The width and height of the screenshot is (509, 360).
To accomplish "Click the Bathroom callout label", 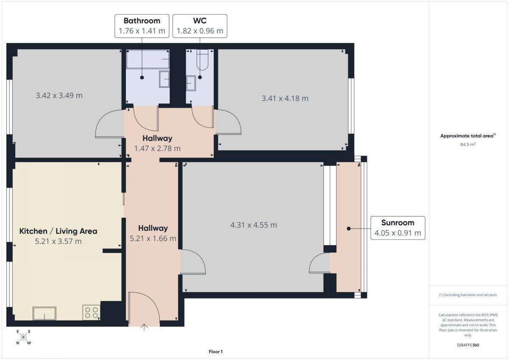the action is coord(142,26).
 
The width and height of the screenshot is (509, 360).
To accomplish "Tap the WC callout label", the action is coord(200,26).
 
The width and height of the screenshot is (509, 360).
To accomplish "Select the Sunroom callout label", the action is coord(398,228).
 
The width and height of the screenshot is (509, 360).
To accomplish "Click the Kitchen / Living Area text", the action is coord(58,231).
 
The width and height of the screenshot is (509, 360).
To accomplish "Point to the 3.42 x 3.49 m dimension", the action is coord(59,95).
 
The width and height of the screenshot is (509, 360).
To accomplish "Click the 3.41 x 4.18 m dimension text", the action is coord(285,98).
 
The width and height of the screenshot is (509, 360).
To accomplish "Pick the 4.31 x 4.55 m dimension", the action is coord(254,225).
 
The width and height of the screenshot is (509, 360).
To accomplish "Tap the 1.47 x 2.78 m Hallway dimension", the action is coord(157,148).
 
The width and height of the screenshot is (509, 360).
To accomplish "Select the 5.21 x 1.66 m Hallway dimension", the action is coord(153,238).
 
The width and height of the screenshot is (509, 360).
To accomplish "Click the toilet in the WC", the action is coord(202,60).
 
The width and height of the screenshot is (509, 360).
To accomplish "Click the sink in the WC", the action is coord(191,83).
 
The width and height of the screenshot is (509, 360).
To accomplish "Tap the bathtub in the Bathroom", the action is coord(148,59).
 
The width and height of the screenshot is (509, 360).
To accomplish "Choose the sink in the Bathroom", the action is coord(164,79).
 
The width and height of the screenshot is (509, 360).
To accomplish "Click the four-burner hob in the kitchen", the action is coord(91,313).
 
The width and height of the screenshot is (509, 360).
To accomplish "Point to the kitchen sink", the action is coord(45,313).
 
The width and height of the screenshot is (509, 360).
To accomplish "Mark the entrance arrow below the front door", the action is coord(144,327).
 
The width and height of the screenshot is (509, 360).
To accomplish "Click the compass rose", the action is coord(23,337).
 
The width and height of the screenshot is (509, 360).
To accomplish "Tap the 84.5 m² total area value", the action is coord(468,144).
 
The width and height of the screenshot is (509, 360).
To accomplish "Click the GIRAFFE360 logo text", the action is coord(468,345).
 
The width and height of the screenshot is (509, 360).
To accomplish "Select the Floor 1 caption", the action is coord(215,352).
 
